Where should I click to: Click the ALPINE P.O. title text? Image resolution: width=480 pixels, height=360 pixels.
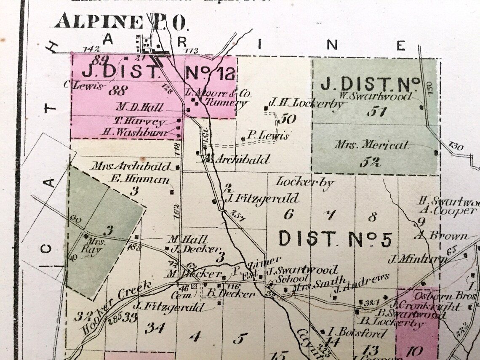(x=120, y=21)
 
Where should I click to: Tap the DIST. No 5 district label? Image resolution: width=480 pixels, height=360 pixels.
(x=336, y=238)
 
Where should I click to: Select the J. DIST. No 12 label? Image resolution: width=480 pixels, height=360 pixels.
(x=158, y=72)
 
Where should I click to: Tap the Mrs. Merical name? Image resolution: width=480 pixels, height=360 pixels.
(x=372, y=145)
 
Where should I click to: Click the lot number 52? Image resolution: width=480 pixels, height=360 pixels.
(x=370, y=162)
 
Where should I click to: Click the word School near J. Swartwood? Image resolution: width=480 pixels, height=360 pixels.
(x=286, y=279)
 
